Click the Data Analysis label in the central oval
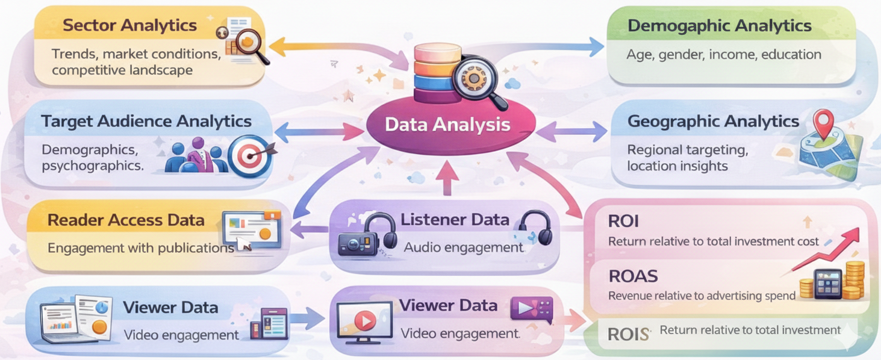click(447, 125)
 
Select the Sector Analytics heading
click(129, 25)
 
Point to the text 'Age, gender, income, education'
click(723, 55)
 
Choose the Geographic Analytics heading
click(713, 121)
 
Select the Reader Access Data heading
click(126, 220)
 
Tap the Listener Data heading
click(455, 220)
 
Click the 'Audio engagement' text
click(463, 247)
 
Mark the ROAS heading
click(633, 276)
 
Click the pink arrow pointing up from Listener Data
click(446, 179)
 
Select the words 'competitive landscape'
click(122, 70)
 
